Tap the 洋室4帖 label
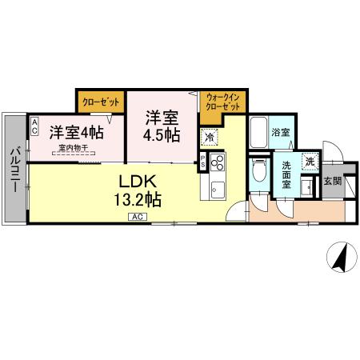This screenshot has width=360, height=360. point(76,131)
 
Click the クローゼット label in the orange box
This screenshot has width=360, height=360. point(101,102)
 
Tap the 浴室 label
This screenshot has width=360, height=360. point(279,132)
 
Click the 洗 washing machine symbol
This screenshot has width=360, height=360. point(310,162)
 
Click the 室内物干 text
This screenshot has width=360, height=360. point(76,147)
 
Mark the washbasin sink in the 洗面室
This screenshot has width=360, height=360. point(306,186)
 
